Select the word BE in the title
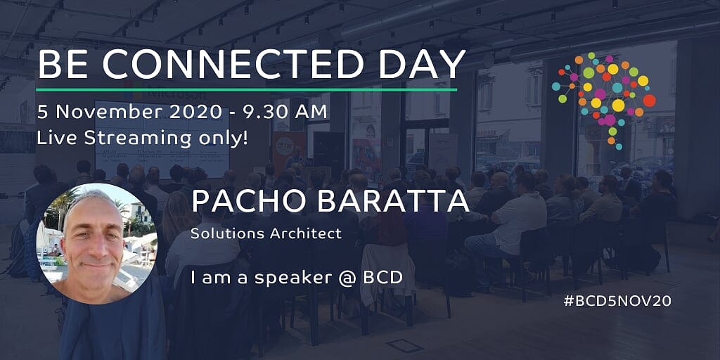coord(75,64)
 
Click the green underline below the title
coord(247,90)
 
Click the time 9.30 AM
coord(281,112)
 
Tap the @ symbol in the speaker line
coord(350,277)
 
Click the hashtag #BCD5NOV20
coord(617,301)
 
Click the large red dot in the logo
coord(649,101)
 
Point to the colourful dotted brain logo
coord(603,101)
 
